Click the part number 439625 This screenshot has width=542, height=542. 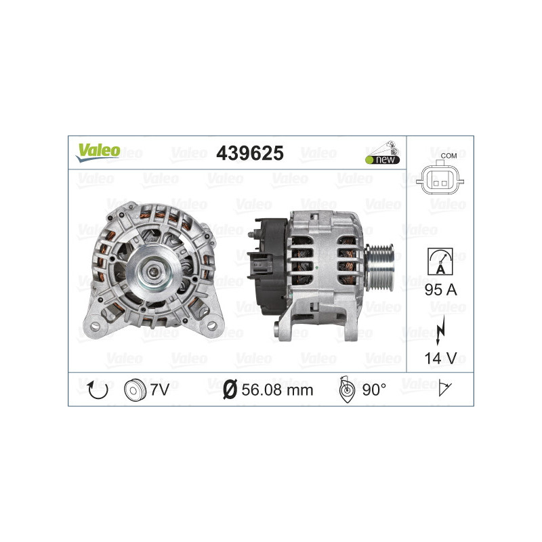(249, 154)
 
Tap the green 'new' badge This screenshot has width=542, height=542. (382, 159)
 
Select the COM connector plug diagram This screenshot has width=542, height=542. (439, 181)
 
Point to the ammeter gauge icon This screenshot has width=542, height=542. (440, 261)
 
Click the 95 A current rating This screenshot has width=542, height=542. (440, 290)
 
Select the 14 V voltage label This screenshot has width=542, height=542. (440, 357)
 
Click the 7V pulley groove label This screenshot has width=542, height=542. (160, 389)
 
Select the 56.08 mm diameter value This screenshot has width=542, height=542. (277, 390)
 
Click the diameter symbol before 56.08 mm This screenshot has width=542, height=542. (230, 390)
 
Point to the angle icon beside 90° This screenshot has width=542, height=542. (347, 389)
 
